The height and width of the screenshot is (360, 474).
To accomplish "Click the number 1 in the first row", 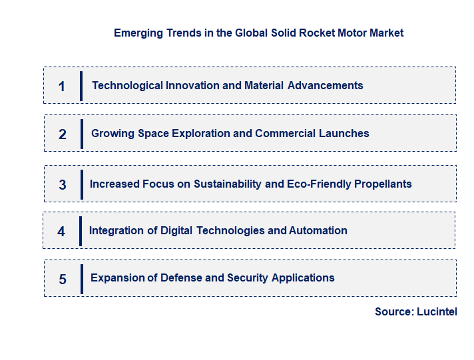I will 62,87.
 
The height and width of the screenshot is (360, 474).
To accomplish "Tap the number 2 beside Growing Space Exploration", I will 63,134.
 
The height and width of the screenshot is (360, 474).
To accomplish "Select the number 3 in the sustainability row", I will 63,185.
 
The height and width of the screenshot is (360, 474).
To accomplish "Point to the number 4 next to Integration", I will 61,232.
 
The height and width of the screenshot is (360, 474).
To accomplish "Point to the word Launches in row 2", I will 344,133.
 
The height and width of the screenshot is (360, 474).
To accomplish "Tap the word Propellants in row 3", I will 382,184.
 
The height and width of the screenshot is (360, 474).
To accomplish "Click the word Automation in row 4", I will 318,230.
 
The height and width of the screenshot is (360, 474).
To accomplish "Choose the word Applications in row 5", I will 304,277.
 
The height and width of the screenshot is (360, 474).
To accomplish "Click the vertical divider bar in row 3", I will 81,183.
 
